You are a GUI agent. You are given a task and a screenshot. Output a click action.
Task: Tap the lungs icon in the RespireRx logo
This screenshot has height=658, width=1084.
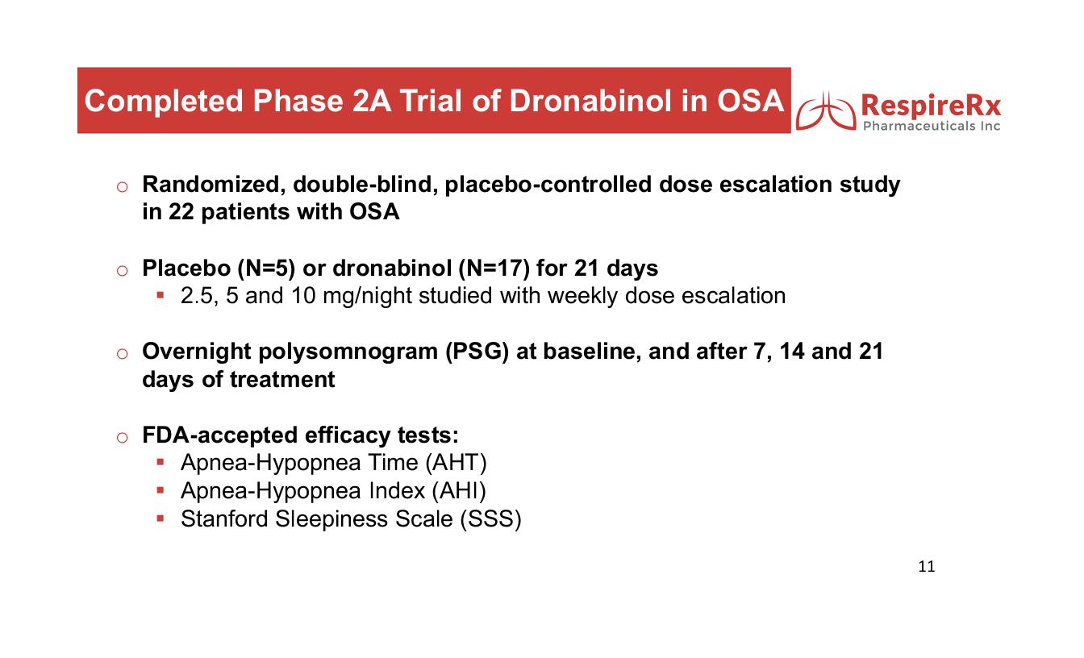click(826, 111)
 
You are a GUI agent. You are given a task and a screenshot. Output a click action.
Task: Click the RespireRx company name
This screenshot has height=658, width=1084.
click(931, 105)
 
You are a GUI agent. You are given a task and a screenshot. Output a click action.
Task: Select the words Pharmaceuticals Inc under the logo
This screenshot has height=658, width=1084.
click(932, 127)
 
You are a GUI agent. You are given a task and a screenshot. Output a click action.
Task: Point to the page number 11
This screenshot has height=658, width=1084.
click(926, 566)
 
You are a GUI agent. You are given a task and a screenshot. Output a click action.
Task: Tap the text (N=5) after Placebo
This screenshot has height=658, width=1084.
click(266, 268)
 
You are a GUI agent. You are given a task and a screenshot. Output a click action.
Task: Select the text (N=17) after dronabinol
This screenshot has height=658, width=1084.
click(494, 268)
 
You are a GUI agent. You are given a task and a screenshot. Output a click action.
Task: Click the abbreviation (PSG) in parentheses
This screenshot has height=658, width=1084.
click(477, 352)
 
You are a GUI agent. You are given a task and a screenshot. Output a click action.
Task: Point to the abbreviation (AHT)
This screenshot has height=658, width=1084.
click(456, 463)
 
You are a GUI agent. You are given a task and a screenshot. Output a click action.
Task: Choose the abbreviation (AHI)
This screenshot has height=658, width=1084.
click(459, 490)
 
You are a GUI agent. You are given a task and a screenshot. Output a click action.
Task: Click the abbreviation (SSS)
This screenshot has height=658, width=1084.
click(490, 519)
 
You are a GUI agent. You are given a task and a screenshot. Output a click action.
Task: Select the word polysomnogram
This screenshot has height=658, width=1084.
click(348, 352)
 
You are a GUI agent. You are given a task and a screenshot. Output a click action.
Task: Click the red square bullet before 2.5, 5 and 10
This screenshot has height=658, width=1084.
click(161, 294)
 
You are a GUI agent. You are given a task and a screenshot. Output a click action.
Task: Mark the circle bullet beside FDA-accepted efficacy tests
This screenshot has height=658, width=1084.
click(122, 437)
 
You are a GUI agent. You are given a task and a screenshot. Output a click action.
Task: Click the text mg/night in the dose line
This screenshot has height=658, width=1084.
click(367, 296)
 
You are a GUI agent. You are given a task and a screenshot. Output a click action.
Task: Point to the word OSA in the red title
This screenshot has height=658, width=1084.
click(750, 101)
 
